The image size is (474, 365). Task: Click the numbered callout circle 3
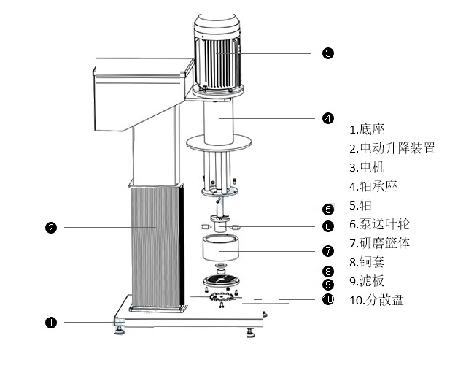[x=327, y=53]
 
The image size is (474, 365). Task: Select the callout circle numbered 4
[x=327, y=118]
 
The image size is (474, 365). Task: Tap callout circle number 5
[x=327, y=210]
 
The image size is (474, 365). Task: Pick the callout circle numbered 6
[x=327, y=226]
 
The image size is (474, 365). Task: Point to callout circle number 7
[x=327, y=251]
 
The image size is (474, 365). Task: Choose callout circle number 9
[x=327, y=285]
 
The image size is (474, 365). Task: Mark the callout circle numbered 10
[x=327, y=299]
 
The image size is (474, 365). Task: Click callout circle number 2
[x=51, y=228]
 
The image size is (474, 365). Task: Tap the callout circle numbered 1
[x=51, y=322]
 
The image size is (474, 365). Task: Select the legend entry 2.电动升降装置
[x=392, y=148]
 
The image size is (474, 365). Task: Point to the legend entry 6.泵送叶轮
[x=379, y=224]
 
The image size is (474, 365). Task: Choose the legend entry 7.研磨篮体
[x=379, y=243]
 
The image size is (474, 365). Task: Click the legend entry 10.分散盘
[x=376, y=300]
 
